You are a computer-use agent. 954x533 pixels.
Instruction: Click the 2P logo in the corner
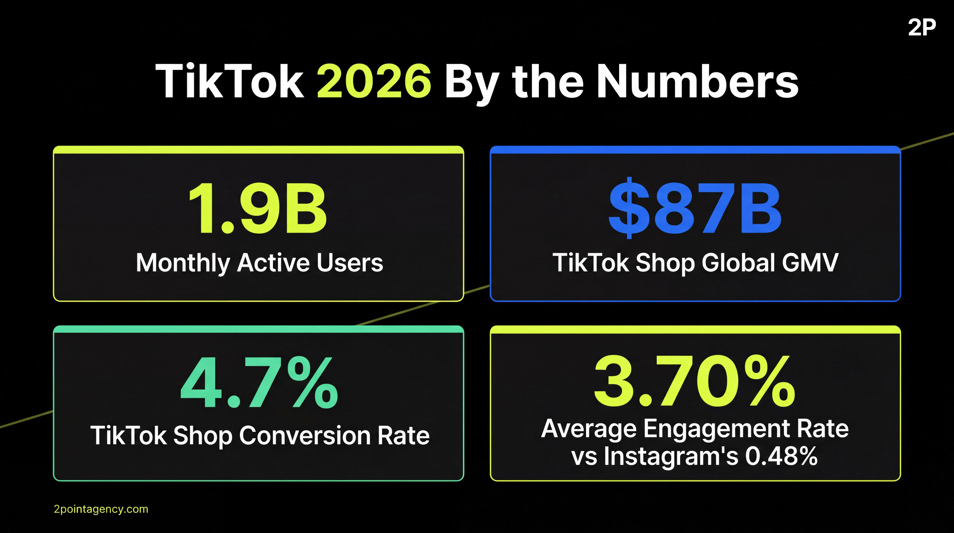pyautogui.click(x=921, y=28)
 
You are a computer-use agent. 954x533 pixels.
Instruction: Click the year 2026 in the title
pyautogui.click(x=374, y=82)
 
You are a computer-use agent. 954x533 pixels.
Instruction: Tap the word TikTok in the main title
pyautogui.click(x=230, y=82)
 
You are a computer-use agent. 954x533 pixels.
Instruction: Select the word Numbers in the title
pyautogui.click(x=697, y=82)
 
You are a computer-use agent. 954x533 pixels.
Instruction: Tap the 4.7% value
pyautogui.click(x=259, y=383)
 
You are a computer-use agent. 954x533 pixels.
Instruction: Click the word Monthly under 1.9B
pyautogui.click(x=183, y=263)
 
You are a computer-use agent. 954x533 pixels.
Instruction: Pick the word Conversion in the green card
pyautogui.click(x=305, y=436)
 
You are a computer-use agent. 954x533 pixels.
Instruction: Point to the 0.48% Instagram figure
pyautogui.click(x=781, y=456)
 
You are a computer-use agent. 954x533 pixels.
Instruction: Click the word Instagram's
pyautogui.click(x=671, y=456)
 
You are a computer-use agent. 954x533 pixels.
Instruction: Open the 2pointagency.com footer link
pyautogui.click(x=101, y=509)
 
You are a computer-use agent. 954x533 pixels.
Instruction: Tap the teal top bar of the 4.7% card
pyautogui.click(x=259, y=329)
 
